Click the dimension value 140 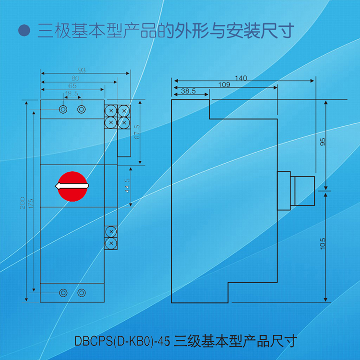tap(241, 78)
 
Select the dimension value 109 tap(224, 84)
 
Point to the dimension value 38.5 tap(189, 91)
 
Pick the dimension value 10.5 tap(323, 243)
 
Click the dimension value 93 tap(82, 70)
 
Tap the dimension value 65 tap(72, 85)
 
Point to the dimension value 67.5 tap(137, 132)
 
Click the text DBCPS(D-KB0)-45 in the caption tap(123, 341)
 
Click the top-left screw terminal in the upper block tap(111, 110)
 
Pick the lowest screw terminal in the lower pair tap(111, 243)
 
